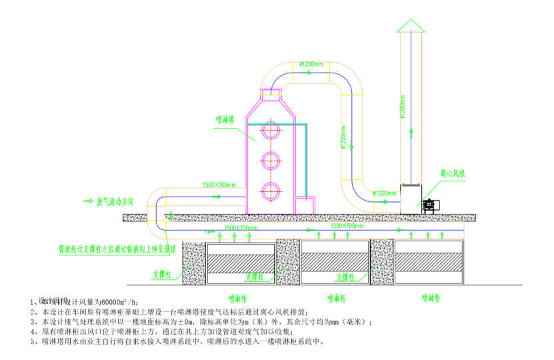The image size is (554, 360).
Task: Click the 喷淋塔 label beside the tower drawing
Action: click(x=224, y=121)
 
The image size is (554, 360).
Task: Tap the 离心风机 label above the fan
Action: click(x=452, y=173)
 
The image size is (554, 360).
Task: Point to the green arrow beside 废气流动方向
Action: click(x=87, y=201)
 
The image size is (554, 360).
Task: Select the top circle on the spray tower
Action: click(x=270, y=131)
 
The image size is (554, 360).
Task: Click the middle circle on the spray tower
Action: click(x=270, y=161)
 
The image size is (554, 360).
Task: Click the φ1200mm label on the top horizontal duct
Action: click(x=311, y=64)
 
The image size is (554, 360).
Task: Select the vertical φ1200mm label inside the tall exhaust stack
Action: click(x=403, y=107)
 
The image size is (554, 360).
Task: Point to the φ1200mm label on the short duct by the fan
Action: click(x=385, y=193)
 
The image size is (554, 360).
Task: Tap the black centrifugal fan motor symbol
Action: click(x=428, y=205)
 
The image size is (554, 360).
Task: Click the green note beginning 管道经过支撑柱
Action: click(x=117, y=250)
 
